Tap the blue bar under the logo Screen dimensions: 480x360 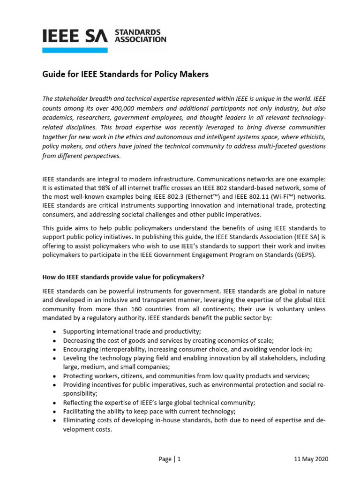[x=75, y=50]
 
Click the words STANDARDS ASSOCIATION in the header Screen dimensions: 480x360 [x=140, y=36]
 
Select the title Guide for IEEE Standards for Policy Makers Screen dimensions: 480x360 [x=125, y=75]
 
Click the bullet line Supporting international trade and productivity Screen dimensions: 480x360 [x=125, y=331]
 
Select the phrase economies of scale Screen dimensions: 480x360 [x=244, y=340]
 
